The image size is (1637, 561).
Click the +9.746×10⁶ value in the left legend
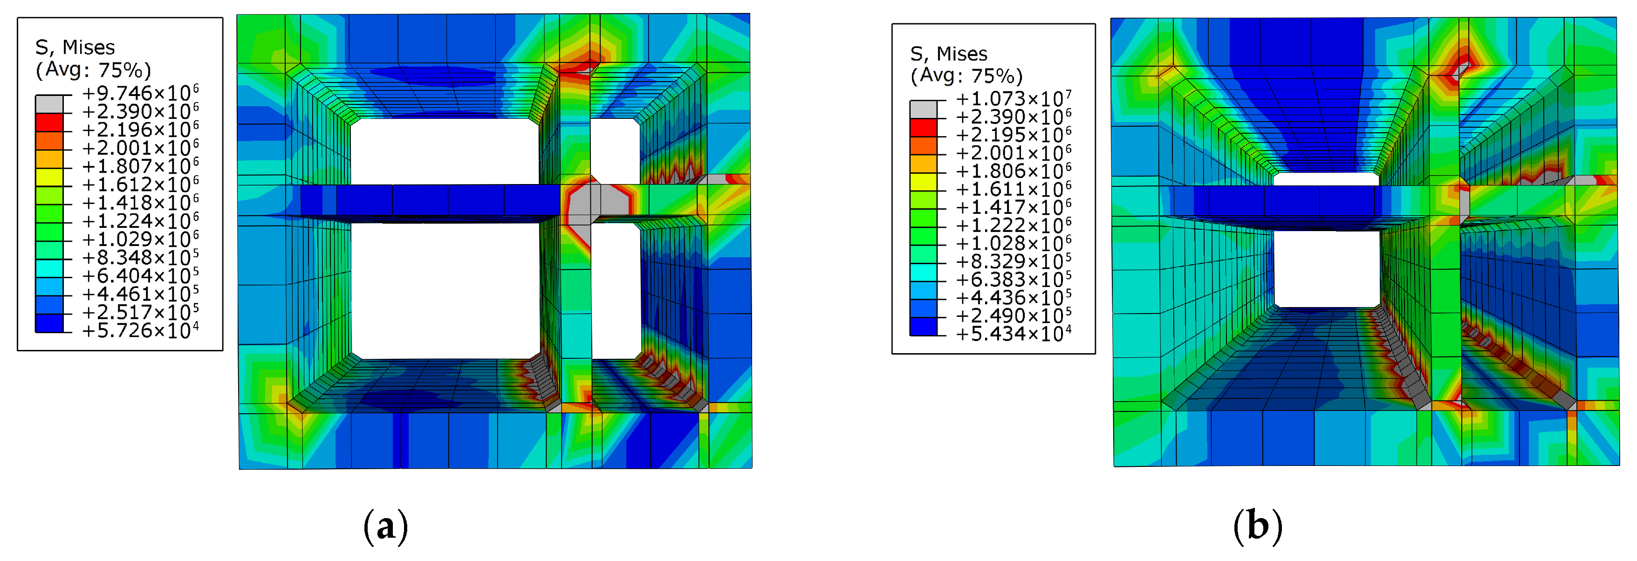[140, 93]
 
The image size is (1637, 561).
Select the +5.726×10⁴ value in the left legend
[140, 330]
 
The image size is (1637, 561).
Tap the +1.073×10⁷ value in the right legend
[1014, 98]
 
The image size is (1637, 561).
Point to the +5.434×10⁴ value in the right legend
[1014, 334]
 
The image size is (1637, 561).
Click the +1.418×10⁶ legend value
[140, 203]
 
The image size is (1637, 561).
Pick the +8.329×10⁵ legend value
[1014, 261]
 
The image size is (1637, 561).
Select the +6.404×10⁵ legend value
[140, 276]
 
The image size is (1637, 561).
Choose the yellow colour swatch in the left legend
[49, 177]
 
